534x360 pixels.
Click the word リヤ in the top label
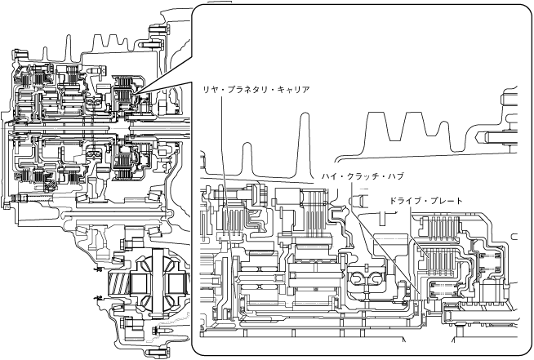pos(210,88)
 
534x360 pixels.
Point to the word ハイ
pos(330,176)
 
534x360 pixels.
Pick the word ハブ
pos(397,176)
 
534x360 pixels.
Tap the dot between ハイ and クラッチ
pos(341,176)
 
